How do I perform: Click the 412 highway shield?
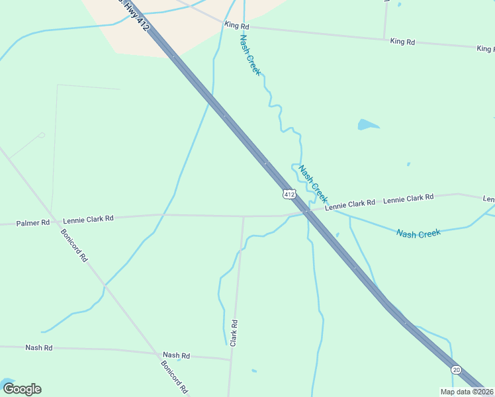tap(288, 194)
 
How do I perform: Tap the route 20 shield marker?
tap(456, 369)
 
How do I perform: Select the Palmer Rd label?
tap(33, 223)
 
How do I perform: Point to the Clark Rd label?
tap(234, 333)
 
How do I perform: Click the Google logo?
tap(22, 389)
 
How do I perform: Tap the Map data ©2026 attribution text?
tap(467, 392)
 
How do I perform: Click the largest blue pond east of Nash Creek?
tap(368, 124)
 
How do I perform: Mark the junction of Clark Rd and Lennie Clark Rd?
tap(243, 216)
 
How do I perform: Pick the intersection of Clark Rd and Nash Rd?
tap(231, 359)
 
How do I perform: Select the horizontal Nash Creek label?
tap(418, 233)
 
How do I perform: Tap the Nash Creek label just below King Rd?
tap(250, 55)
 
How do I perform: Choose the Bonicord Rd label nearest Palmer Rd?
tap(73, 245)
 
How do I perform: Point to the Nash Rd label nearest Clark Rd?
tap(176, 355)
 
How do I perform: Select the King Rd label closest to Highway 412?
tap(236, 26)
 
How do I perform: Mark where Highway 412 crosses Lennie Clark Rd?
tap(306, 212)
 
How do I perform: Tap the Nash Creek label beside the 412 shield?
tap(313, 183)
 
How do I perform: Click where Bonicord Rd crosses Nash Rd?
tap(157, 353)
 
